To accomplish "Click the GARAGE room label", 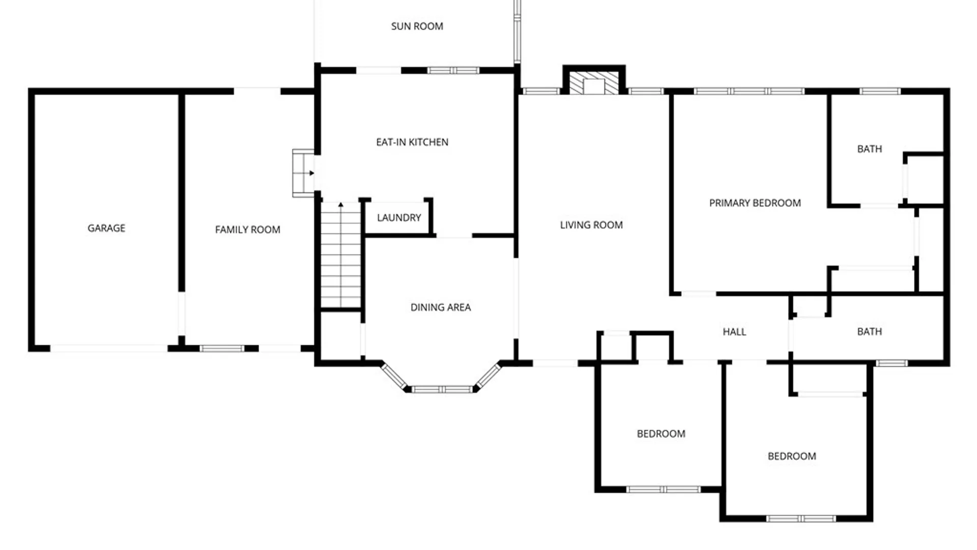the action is (x=106, y=228).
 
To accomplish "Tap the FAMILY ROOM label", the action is (x=247, y=230).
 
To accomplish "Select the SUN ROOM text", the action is (x=417, y=26).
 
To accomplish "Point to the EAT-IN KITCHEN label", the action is (x=412, y=142).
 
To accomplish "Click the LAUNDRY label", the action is (x=399, y=218).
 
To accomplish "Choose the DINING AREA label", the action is (x=441, y=308).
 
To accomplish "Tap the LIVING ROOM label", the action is (x=591, y=225).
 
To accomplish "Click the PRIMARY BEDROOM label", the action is (x=755, y=203).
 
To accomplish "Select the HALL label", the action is (x=734, y=332).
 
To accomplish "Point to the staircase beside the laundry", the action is (x=340, y=255).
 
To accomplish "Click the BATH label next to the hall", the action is (x=869, y=332).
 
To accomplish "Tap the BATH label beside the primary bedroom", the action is (x=869, y=149).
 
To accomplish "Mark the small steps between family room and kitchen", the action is (x=303, y=173).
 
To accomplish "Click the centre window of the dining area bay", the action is (x=442, y=390).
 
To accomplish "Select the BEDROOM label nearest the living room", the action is (x=661, y=434).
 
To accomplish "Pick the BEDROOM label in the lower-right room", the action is (x=792, y=456).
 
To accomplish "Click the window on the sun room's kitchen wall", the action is (x=453, y=70).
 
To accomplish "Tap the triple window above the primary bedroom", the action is (x=749, y=92).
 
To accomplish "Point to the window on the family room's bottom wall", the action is (x=222, y=349).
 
